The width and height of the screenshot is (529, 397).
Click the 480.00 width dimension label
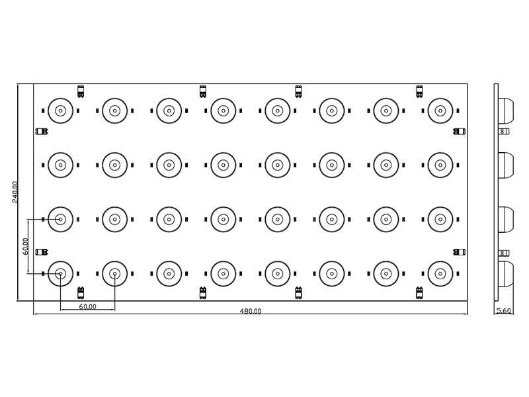coord(251,311)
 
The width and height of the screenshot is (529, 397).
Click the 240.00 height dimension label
coord(15,193)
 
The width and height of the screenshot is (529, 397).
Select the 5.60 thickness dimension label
coord(503,310)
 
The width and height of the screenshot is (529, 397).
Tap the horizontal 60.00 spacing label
coord(87,307)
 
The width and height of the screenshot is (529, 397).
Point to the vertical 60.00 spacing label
coord(25,246)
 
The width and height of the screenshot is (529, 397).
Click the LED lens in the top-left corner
coord(60,110)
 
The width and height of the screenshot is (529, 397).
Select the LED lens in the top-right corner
coord(440,110)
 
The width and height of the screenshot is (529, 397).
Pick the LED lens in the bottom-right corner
coord(440,273)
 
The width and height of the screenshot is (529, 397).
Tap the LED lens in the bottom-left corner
coord(60,273)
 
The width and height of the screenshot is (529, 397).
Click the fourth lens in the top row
coord(223,110)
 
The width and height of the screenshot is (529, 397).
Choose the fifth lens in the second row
coord(277,165)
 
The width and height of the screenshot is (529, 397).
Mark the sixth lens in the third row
coord(331,218)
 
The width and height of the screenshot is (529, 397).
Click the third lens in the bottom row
coord(169,273)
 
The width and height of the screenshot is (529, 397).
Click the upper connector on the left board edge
coord(41,131)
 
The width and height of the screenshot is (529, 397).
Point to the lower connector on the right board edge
coord(458,251)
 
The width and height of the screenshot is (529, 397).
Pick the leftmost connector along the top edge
coord(81,90)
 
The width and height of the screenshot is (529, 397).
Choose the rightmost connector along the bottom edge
coord(419,292)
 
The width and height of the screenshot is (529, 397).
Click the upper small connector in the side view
coord(504,132)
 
